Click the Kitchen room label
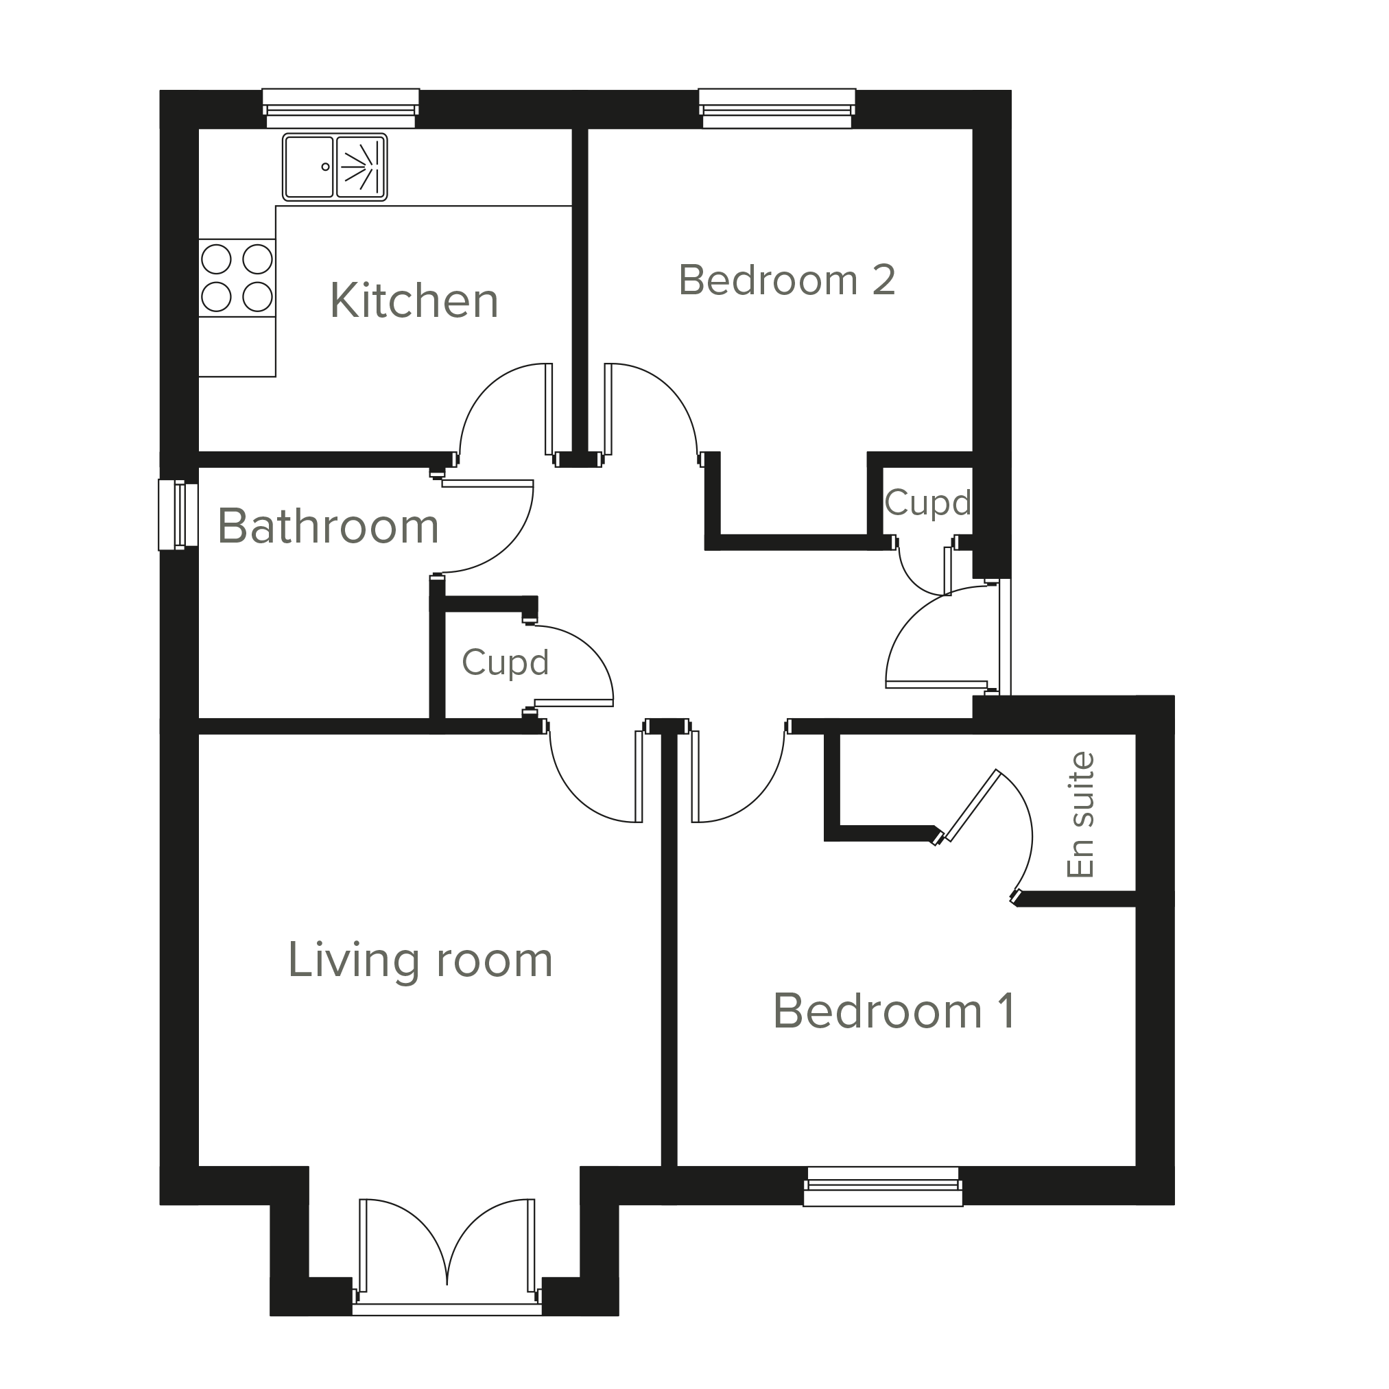(x=414, y=300)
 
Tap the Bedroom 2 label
(x=787, y=280)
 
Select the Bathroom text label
(x=329, y=526)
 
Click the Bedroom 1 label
(x=894, y=1012)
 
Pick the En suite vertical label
(x=1080, y=815)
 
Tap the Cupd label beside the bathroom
(x=506, y=662)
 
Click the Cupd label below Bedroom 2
(x=927, y=503)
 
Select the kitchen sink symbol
(x=335, y=167)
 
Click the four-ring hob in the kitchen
(x=237, y=278)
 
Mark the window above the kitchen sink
(x=341, y=108)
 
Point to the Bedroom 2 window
(x=777, y=108)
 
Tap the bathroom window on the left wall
(x=178, y=514)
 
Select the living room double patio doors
(x=447, y=1257)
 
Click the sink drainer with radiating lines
(x=361, y=167)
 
